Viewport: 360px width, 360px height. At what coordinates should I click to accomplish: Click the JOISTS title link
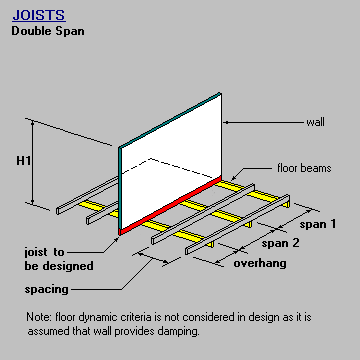pos(38,16)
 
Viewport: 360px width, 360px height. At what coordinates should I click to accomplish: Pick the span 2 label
pos(282,242)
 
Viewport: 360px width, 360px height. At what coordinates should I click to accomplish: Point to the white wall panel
pos(170,150)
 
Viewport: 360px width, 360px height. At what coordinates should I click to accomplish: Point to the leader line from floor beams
pos(250,173)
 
